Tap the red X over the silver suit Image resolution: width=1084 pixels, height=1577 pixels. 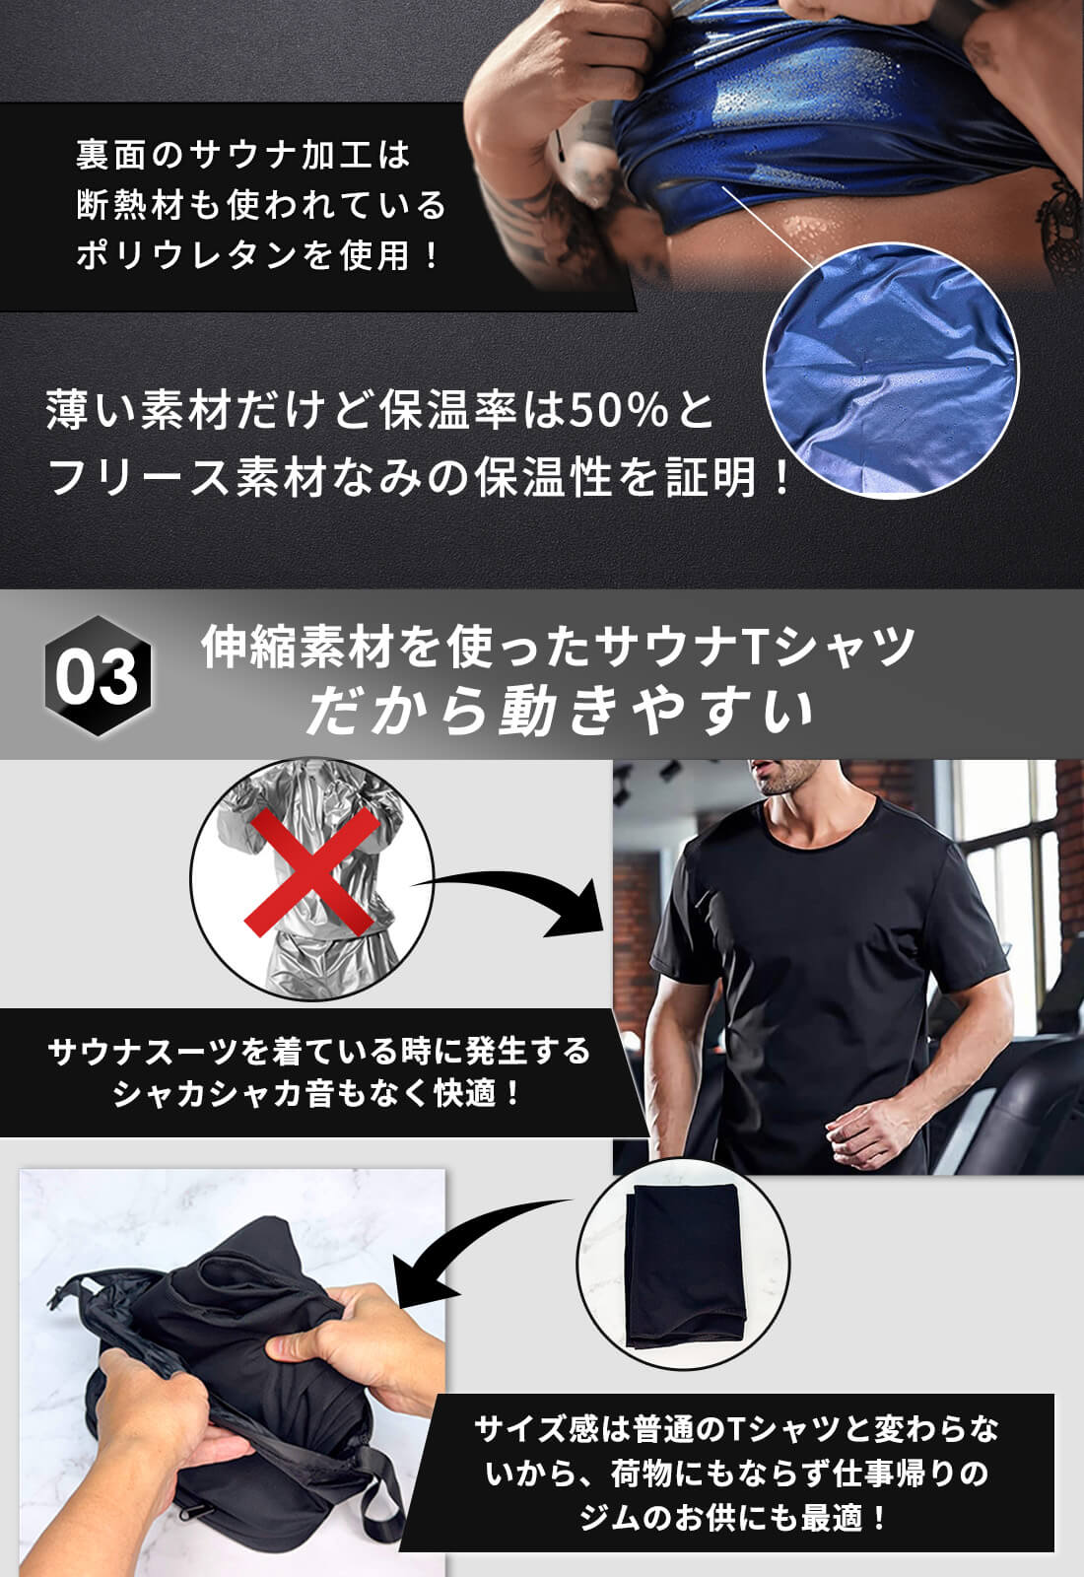tap(311, 872)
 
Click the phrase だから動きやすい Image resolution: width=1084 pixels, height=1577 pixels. tap(560, 712)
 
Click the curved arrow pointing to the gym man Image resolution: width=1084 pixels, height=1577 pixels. tap(522, 892)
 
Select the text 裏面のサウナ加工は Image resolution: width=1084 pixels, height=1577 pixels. tap(242, 155)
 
